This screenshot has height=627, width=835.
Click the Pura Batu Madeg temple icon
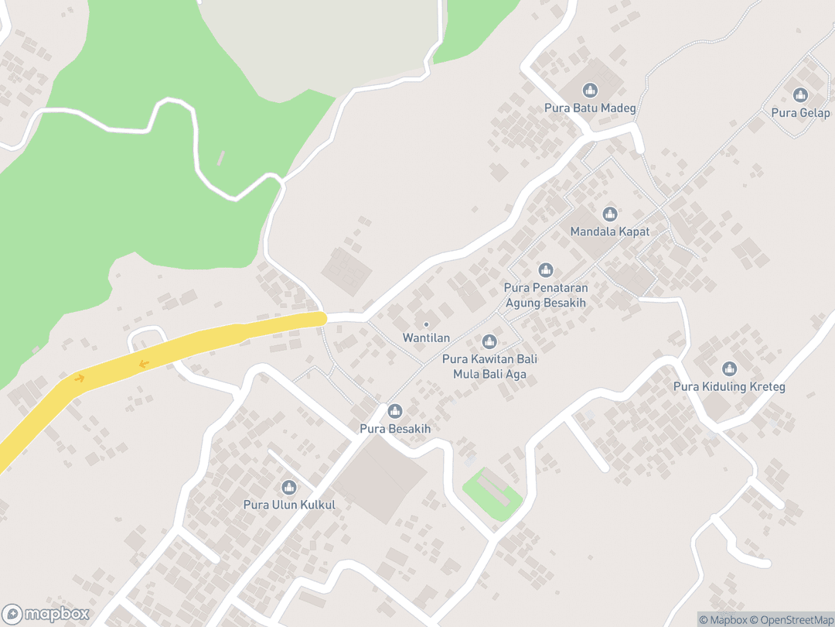point(590,91)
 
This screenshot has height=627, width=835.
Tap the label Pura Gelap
point(800,113)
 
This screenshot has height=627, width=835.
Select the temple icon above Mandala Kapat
point(610,214)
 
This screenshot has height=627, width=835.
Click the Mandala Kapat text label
point(610,231)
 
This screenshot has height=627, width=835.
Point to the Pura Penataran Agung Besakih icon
point(546,270)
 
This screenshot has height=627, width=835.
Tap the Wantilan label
point(426,338)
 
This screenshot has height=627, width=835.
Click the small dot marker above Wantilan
point(426,324)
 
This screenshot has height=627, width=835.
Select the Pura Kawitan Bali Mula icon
point(489,341)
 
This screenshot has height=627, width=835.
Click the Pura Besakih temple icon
point(395,411)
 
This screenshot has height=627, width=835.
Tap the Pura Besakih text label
point(395,429)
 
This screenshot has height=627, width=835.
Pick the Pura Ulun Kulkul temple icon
point(289,488)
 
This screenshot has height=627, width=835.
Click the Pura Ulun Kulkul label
point(289,505)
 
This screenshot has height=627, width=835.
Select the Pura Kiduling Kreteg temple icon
point(729,369)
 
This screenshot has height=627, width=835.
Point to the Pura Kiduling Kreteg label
point(729,387)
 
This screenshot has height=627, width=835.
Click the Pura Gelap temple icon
point(800,95)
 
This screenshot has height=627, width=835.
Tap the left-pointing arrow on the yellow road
point(144,363)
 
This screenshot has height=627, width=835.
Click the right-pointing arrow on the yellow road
point(79,378)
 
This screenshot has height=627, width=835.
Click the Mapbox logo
point(46,614)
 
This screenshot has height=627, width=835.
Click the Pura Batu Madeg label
point(590,108)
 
